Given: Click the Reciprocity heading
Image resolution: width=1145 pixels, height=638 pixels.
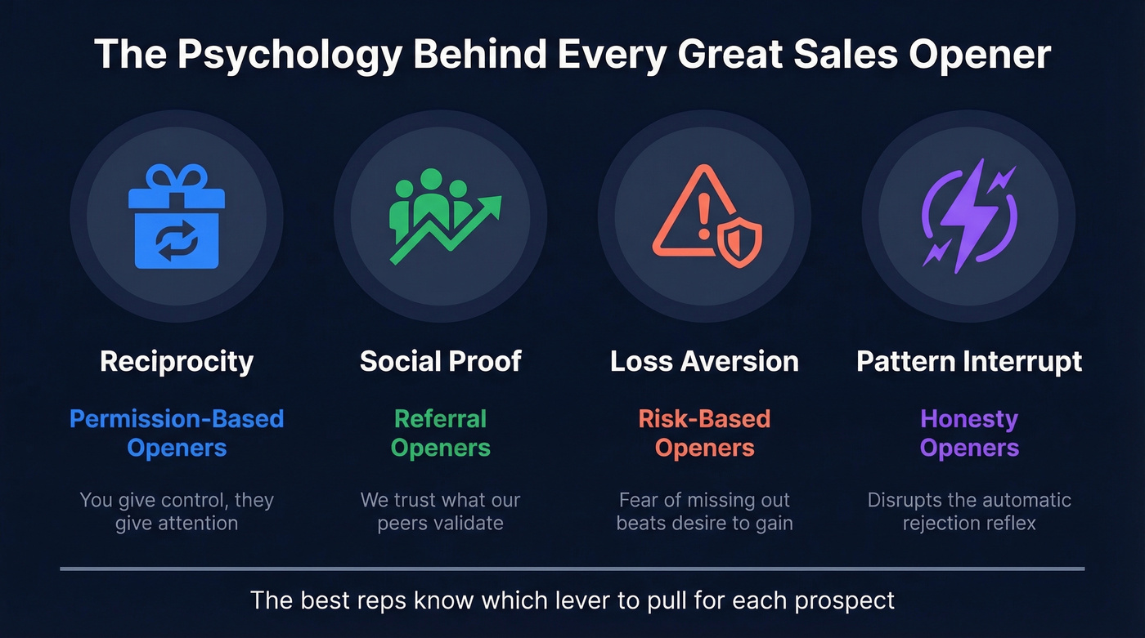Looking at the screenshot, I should (177, 361).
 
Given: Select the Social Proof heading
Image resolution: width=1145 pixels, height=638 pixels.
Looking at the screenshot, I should (441, 361).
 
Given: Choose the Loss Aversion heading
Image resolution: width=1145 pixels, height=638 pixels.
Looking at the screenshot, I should (704, 361).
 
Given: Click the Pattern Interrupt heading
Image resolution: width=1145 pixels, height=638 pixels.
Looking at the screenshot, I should (969, 361).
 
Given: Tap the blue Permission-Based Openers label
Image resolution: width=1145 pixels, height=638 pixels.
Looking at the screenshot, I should (177, 433).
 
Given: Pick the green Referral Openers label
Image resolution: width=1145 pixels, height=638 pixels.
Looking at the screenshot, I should (441, 433).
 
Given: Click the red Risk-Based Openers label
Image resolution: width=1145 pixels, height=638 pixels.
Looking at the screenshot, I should (704, 433).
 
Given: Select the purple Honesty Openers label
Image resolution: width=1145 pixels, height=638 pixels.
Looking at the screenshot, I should (969, 433).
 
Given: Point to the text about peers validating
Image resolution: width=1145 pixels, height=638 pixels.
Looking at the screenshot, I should (441, 511).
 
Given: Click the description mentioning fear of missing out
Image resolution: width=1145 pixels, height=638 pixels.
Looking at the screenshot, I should (704, 511).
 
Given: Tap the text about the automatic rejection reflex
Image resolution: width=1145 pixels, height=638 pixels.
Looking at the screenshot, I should (969, 511).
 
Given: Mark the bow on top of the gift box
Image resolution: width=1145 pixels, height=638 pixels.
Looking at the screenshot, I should (177, 176).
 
